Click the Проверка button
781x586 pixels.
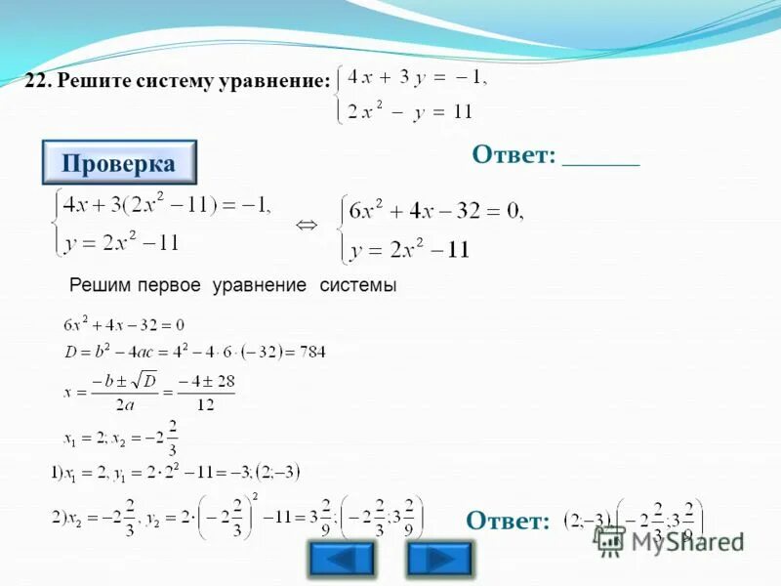click(x=119, y=163)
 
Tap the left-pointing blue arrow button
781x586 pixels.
click(x=341, y=559)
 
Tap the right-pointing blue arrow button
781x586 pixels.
click(x=439, y=559)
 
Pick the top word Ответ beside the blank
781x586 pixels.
click(x=514, y=155)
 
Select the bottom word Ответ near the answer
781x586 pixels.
click(x=508, y=521)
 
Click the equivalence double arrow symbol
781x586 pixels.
click(x=307, y=226)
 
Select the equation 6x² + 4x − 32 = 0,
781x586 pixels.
click(x=436, y=210)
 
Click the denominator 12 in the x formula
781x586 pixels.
click(x=206, y=402)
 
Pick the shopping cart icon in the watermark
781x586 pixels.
click(x=611, y=540)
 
